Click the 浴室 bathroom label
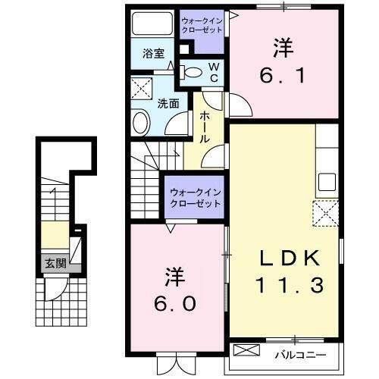pyautogui.click(x=155, y=53)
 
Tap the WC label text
pyautogui.click(x=214, y=72)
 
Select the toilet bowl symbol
pyautogui.click(x=193, y=73)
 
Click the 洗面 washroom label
pyautogui.click(x=168, y=104)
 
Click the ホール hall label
pyautogui.click(x=204, y=128)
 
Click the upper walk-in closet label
pyautogui.click(x=202, y=26)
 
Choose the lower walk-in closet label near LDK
pyautogui.click(x=194, y=198)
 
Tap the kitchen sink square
pyautogui.click(x=327, y=182)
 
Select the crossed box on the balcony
pyautogui.click(x=246, y=352)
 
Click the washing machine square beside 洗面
pyautogui.click(x=141, y=87)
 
